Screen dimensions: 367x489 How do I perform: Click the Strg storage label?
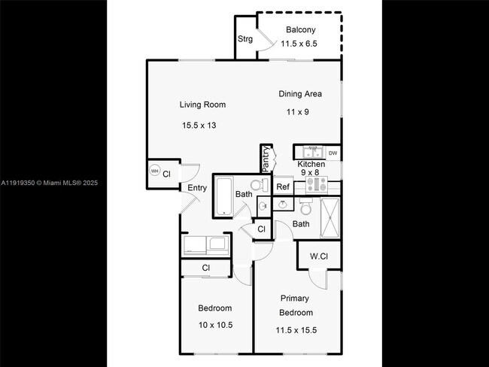(245, 39)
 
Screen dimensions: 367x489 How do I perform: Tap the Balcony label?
(300, 30)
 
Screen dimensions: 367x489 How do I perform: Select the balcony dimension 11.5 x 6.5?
(299, 44)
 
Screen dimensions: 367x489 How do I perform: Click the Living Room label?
(202, 105)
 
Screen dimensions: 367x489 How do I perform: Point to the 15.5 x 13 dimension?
(199, 125)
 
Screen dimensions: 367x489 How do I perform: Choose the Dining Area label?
(300, 94)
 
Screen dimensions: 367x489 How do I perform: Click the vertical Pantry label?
(266, 158)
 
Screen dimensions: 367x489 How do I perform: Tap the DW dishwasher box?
(333, 153)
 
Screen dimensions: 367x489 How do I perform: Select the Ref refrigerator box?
(283, 187)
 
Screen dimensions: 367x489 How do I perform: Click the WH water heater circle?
(155, 171)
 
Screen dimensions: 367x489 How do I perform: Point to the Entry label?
(197, 188)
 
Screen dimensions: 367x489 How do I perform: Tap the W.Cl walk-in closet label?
(319, 256)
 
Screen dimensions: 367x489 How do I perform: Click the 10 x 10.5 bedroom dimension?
(214, 325)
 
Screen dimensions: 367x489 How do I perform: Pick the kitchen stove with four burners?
(316, 183)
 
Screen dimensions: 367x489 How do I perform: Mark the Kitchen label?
(311, 164)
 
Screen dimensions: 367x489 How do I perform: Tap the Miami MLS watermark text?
(49, 183)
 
